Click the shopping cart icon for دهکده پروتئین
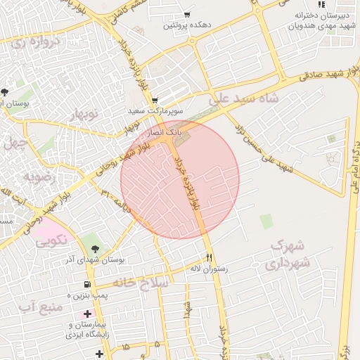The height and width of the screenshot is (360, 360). (187, 15)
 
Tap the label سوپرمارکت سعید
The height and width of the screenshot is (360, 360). (155, 111)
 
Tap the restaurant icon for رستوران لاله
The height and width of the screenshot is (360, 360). (209, 257)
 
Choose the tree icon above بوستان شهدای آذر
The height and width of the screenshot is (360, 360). (95, 248)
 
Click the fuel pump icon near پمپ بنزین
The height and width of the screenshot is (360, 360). (86, 285)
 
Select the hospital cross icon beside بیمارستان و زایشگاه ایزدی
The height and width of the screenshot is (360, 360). (87, 313)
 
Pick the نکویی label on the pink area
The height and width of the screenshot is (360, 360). (52, 239)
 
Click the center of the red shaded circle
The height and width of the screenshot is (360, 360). (180, 180)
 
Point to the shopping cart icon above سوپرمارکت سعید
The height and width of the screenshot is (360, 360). (155, 100)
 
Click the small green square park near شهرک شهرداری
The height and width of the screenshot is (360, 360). (266, 221)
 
